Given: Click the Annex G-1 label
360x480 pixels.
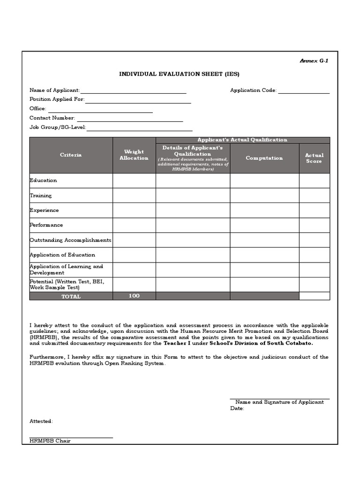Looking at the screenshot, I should pyautogui.click(x=314, y=61).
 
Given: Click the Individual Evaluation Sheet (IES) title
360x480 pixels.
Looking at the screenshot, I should pyautogui.click(x=180, y=74).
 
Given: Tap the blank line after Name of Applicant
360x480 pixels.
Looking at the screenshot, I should pyautogui.click(x=133, y=91).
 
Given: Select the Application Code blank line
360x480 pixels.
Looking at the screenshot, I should pyautogui.click(x=304, y=91).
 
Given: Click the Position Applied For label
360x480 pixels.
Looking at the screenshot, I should pyautogui.click(x=57, y=99).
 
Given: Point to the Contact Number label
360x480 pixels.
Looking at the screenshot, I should pyautogui.click(x=52, y=118).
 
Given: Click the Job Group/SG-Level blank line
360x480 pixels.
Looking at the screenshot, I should pyautogui.click(x=140, y=128).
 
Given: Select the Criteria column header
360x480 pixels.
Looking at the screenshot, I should pyautogui.click(x=71, y=155).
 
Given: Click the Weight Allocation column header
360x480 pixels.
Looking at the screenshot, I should pyautogui.click(x=134, y=155).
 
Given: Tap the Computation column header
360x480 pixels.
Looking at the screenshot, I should pyautogui.click(x=264, y=158).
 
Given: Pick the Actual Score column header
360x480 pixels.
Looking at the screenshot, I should pyautogui.click(x=314, y=158).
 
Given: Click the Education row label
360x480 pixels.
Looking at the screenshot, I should pyautogui.click(x=43, y=180).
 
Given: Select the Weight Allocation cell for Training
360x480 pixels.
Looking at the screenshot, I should pyautogui.click(x=134, y=195).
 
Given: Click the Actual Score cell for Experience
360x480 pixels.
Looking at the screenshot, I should pyautogui.click(x=314, y=210).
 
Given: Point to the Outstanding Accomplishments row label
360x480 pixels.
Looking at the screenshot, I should pyautogui.click(x=70, y=240).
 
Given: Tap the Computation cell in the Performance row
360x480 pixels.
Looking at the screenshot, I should pyautogui.click(x=264, y=225).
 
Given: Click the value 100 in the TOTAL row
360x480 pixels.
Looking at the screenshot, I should pyautogui.click(x=134, y=296).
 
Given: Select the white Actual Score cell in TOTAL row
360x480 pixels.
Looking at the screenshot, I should pyautogui.click(x=314, y=296).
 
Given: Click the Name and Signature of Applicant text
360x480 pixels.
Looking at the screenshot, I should pyautogui.click(x=279, y=402).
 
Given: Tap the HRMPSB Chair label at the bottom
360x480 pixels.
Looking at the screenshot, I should pyautogui.click(x=50, y=441).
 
